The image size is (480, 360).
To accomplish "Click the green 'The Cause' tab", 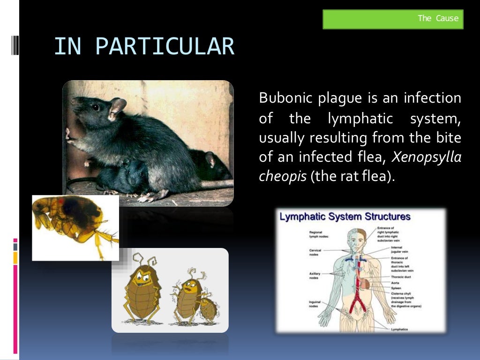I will (x=393, y=19).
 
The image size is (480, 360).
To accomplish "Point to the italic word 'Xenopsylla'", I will (x=427, y=158).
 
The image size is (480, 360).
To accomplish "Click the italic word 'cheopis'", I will (x=282, y=178).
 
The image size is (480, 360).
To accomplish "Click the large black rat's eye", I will (x=95, y=107).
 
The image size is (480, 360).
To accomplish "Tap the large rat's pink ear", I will (x=117, y=107).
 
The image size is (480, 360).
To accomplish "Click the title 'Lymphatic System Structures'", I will (x=345, y=217).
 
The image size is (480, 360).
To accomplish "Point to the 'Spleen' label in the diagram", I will (x=397, y=288).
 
